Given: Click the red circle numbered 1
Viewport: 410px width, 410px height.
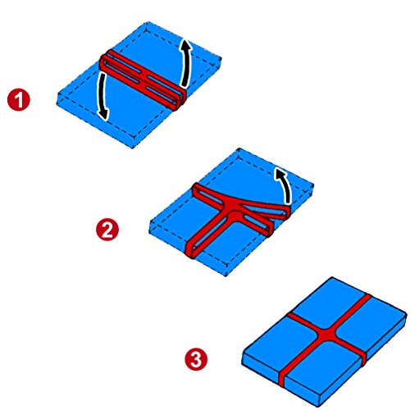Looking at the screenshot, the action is click(19, 100).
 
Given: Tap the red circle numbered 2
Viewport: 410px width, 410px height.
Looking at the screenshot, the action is click(107, 230).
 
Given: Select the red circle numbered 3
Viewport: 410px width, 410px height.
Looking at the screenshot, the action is click(196, 359).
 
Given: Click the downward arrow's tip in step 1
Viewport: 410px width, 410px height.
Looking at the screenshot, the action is click(105, 120).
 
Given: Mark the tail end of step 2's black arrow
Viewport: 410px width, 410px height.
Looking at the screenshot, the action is click(288, 203).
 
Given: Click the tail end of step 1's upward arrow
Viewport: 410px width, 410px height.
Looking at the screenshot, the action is click(184, 86).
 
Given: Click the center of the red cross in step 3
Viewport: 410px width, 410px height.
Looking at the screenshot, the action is click(326, 334).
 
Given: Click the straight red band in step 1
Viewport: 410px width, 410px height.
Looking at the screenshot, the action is click(143, 80).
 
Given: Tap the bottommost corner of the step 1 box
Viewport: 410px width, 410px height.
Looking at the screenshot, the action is click(133, 148).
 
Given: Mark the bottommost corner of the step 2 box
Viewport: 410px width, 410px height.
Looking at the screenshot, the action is click(225, 276).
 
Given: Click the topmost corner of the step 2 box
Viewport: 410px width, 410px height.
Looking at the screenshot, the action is click(239, 148).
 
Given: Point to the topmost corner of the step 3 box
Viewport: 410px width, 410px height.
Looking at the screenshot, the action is click(332, 277).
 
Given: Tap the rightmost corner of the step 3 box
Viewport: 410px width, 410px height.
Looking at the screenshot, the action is click(407, 312).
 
